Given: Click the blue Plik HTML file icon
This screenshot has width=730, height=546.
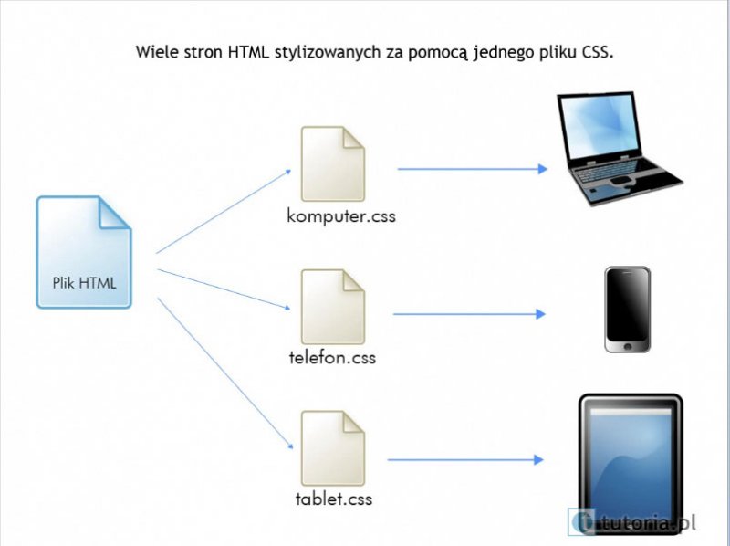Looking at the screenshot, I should click(x=84, y=251).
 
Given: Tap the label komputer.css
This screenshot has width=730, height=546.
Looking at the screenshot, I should click(x=341, y=217).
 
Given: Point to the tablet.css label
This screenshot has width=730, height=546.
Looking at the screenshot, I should click(x=334, y=499).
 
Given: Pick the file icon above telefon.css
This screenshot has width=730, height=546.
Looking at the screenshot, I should click(x=333, y=306).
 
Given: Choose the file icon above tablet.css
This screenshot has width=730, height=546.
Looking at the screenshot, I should click(x=333, y=448).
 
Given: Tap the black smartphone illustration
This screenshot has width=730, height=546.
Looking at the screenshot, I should click(x=627, y=309).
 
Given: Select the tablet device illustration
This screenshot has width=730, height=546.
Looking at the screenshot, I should click(x=630, y=457).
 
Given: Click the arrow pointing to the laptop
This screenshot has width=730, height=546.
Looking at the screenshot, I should click(x=471, y=169).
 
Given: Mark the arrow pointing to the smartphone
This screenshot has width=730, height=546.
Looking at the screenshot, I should click(x=468, y=314).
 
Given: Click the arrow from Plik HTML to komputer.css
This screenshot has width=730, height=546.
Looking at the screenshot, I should click(x=224, y=211).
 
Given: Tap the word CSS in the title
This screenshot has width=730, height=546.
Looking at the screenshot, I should click(x=595, y=50).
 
